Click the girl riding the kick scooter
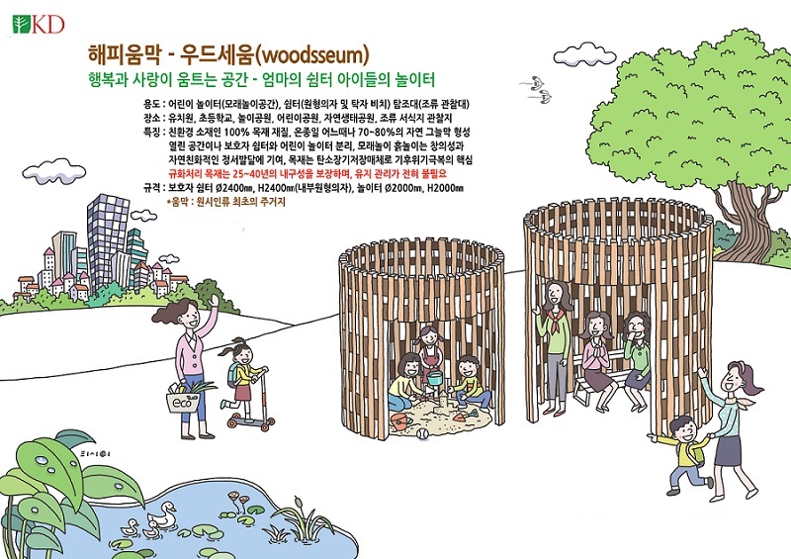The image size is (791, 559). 243,381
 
